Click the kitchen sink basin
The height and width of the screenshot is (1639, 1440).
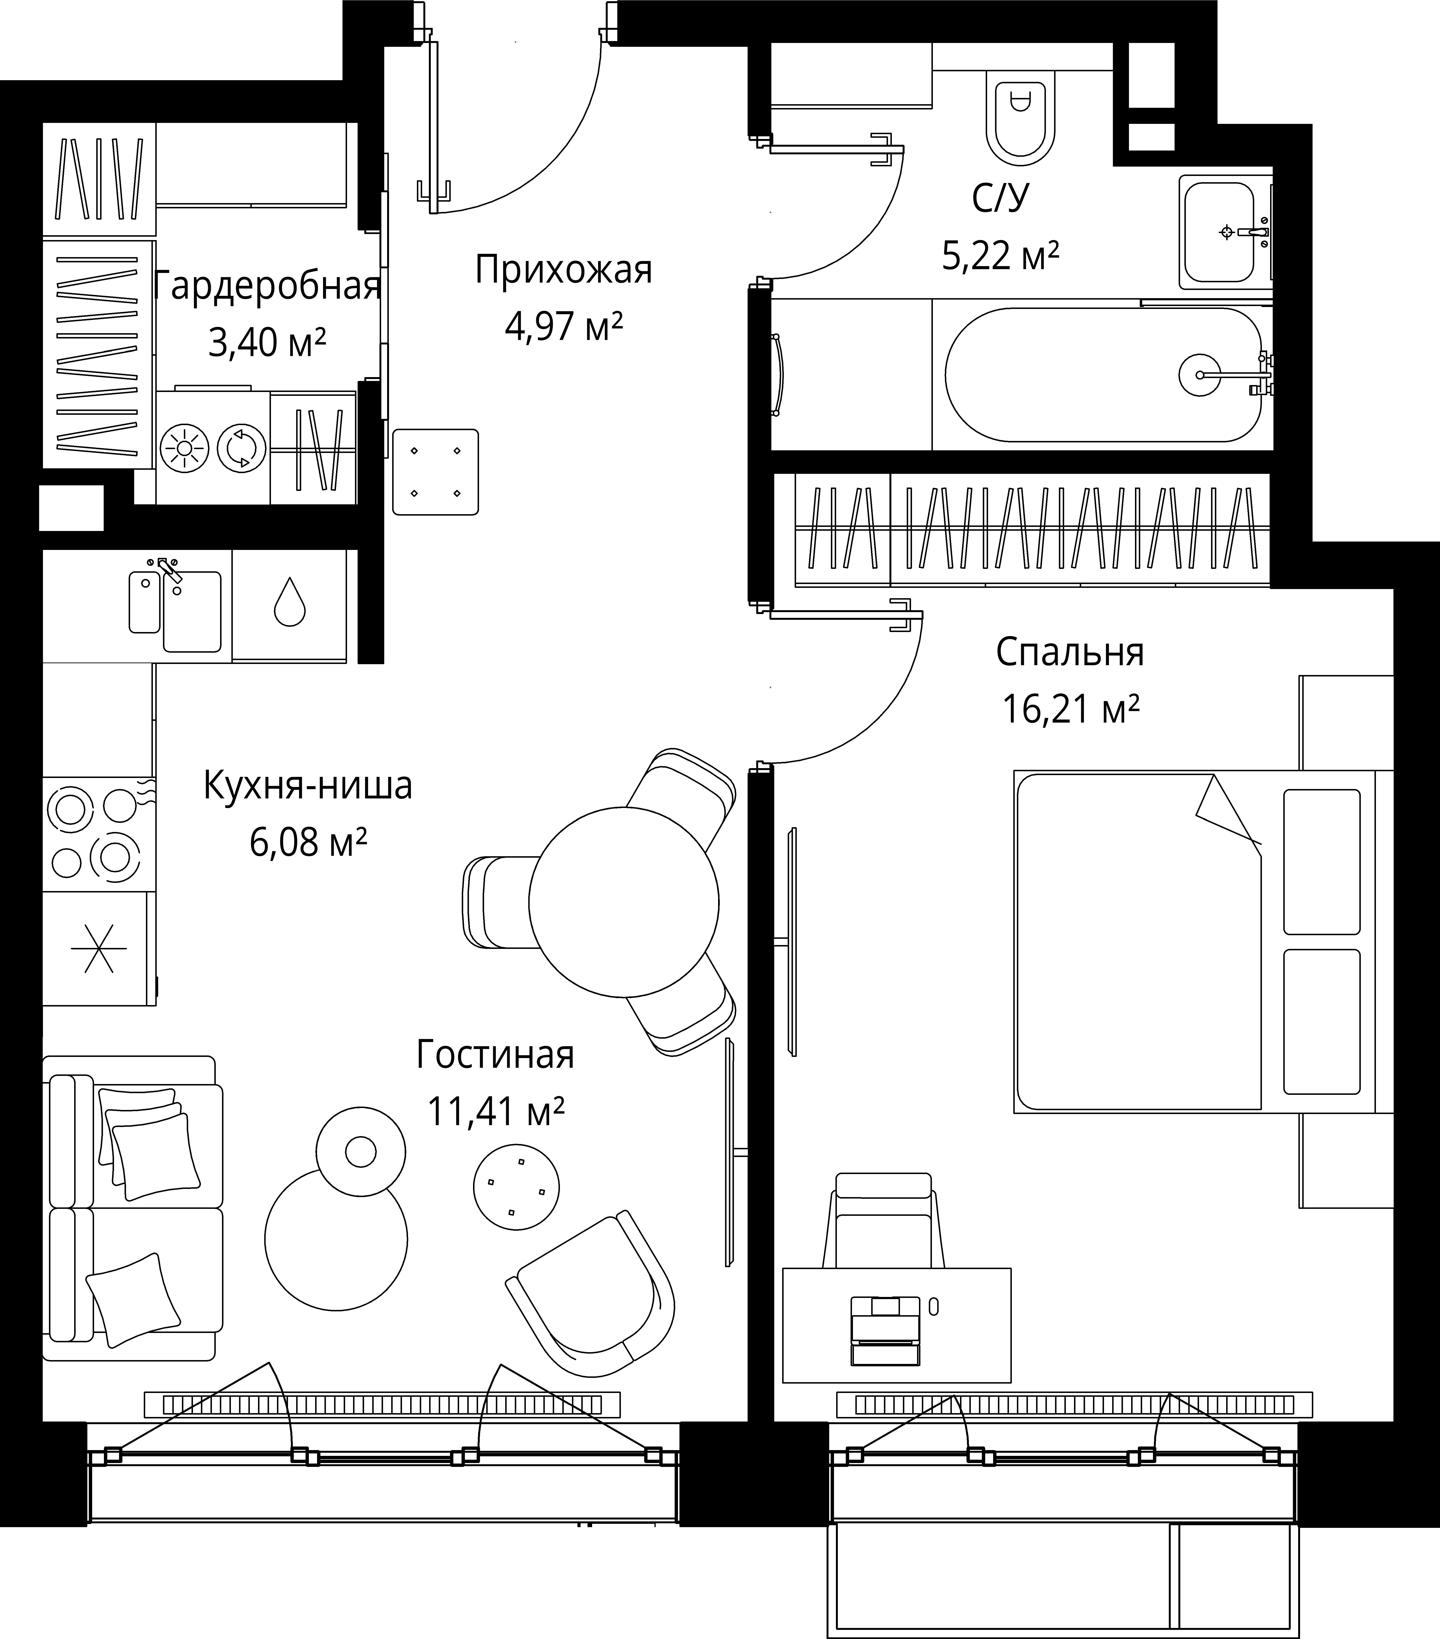pyautogui.click(x=192, y=611)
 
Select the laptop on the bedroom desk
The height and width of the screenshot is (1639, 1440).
pyautogui.click(x=885, y=1330)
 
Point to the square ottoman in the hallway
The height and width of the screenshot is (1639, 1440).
pyautogui.click(x=435, y=471)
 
